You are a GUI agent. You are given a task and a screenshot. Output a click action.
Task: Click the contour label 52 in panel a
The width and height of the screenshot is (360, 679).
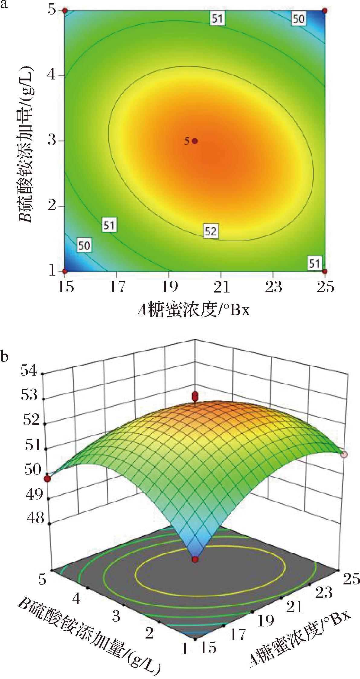tap(211, 231)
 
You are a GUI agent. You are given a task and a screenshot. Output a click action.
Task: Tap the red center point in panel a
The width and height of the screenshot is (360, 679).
tap(195, 141)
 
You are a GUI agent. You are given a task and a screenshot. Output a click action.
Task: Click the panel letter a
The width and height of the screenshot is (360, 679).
tap(4, 5)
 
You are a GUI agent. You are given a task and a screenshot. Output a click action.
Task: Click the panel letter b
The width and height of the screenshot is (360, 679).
tap(5, 357)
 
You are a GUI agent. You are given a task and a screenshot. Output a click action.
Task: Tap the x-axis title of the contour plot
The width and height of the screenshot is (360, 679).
tap(194, 310)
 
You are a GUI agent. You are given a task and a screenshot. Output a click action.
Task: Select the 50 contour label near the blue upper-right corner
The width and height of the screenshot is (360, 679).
tap(298, 19)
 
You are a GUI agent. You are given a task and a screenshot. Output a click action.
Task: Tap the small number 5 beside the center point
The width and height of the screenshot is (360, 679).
tap(187, 141)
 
